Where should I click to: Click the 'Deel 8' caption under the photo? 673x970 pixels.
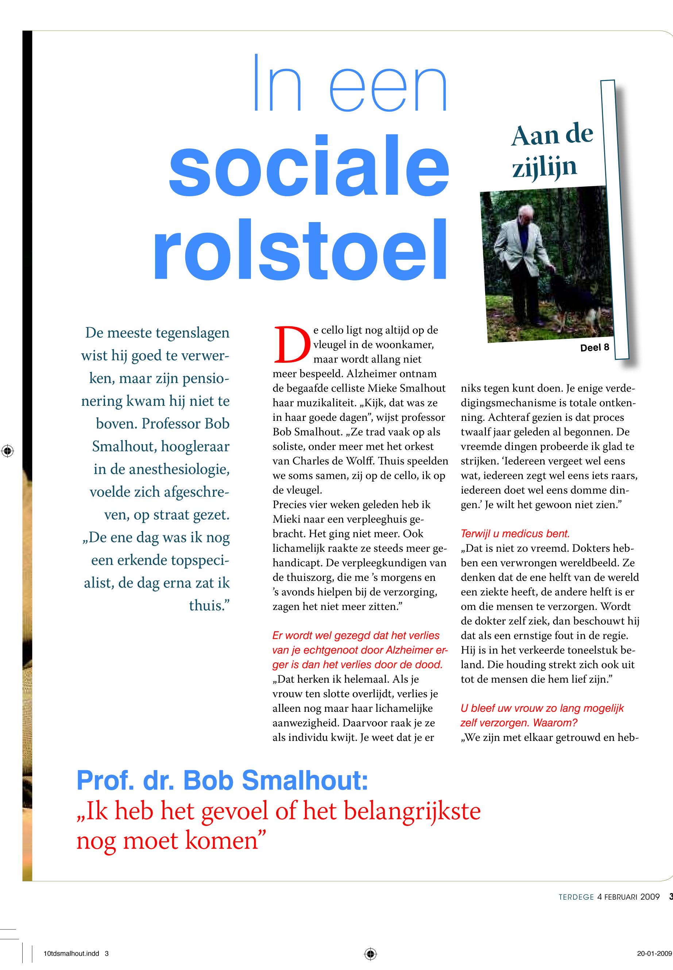pos(595,348)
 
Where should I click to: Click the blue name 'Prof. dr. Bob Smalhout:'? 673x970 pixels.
pos(222,780)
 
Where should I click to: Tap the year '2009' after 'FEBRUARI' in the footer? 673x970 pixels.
pos(650,897)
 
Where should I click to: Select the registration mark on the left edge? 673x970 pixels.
pos(8,451)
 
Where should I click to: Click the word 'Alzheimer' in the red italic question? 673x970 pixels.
pos(400,650)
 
